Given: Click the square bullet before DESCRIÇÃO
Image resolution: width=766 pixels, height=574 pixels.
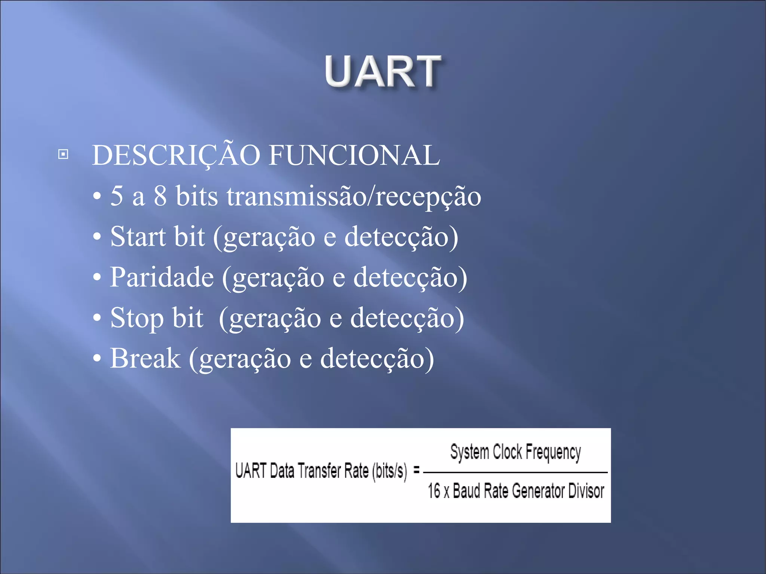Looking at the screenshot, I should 63,154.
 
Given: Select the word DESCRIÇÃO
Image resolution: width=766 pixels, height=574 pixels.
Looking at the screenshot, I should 176,155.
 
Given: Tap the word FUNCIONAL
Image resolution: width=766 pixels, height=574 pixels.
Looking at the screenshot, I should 354,155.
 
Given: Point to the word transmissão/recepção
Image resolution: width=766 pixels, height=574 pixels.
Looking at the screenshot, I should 353,197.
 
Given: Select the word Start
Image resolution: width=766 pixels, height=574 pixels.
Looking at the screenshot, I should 138,237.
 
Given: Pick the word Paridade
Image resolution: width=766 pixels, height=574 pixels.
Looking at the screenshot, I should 162,277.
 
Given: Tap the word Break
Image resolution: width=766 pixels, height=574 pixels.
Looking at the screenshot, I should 145,358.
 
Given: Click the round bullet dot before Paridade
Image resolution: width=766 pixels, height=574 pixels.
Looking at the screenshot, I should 97,278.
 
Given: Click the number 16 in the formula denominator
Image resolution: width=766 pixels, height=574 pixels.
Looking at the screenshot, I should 434,491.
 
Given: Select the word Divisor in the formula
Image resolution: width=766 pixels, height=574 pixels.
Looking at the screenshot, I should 586,491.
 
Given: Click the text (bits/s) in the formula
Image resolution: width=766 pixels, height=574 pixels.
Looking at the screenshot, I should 389,471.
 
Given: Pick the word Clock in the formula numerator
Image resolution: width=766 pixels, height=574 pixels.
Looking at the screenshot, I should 507,452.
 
